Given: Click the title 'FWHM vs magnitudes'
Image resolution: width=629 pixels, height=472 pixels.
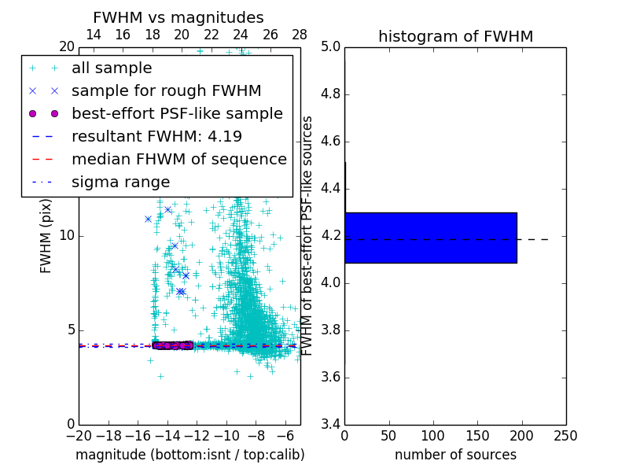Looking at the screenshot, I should [x=178, y=17].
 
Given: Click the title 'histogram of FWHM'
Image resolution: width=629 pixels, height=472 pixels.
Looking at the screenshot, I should [x=455, y=36].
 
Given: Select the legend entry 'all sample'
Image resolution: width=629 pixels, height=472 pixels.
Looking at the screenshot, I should [x=112, y=68].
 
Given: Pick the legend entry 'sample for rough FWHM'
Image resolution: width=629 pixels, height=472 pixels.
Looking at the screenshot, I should [x=166, y=90].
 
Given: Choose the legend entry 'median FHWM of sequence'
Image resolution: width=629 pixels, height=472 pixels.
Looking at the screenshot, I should [x=178, y=159].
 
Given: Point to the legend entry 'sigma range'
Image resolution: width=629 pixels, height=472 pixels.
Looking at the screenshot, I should [x=120, y=182].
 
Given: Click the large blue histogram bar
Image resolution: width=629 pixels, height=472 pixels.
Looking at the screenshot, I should [x=431, y=238].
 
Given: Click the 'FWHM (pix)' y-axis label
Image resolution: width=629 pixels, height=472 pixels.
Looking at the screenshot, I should [x=46, y=237].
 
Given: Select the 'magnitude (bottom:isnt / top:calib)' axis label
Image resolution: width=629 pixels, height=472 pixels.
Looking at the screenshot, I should [x=189, y=455].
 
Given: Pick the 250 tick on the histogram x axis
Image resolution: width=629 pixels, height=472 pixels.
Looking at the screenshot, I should [x=565, y=436].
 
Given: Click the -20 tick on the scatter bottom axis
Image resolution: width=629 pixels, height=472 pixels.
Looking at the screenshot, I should [x=79, y=436].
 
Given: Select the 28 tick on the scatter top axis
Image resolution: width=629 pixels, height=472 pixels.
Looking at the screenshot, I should [x=300, y=35].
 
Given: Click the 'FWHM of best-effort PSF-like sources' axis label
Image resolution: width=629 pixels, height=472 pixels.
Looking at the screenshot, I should [x=308, y=236].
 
